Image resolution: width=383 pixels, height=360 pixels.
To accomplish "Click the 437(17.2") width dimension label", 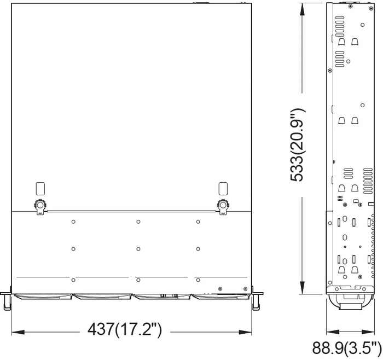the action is click(125, 330).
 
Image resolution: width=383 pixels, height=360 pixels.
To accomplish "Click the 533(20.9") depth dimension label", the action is click(298, 144).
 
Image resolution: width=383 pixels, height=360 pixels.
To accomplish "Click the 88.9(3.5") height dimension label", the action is click(347, 348).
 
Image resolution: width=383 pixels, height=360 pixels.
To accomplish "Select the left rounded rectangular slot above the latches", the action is click(40, 189).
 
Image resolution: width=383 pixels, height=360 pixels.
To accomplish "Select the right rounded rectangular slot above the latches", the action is click(223, 189).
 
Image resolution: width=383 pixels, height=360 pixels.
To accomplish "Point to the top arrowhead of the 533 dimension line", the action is click(302, 10).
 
